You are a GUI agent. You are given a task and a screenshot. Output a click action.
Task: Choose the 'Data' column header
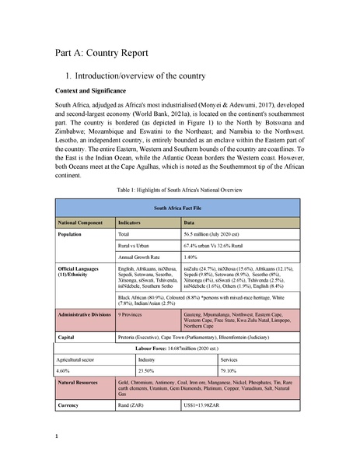(188, 222)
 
